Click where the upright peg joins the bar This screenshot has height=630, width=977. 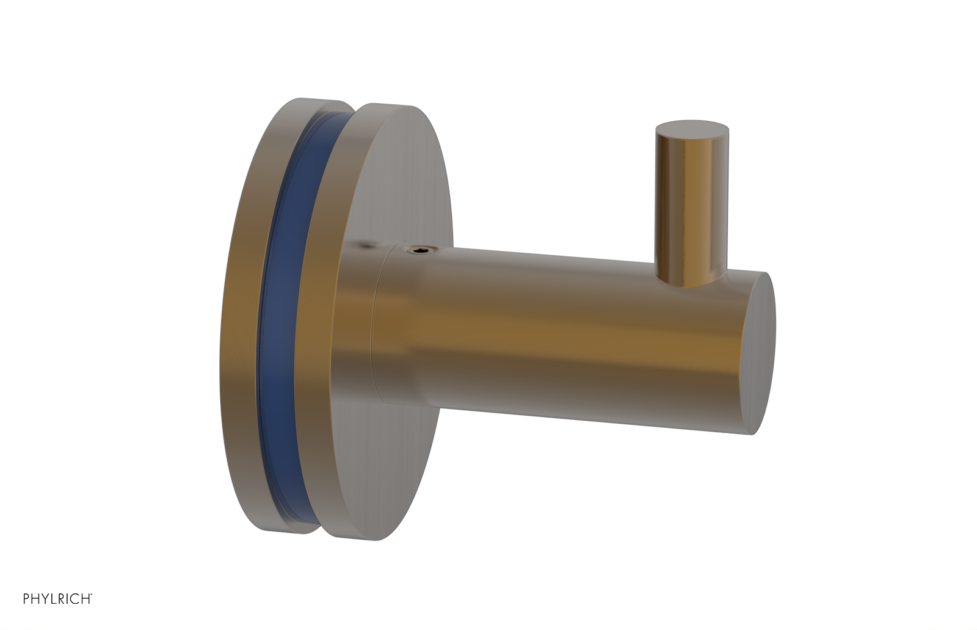690,278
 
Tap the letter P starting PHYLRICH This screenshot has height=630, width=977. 27,599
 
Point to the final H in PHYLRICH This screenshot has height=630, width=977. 86,599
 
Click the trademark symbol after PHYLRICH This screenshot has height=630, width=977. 92,595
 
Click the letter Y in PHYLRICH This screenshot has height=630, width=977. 45,599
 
